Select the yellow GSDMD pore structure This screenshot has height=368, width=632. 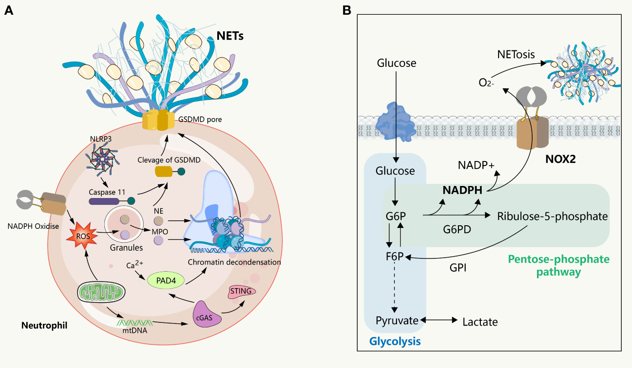[158, 120]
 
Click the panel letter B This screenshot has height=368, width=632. [346, 10]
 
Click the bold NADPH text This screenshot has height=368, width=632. [463, 190]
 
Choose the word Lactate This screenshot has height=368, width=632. [480, 321]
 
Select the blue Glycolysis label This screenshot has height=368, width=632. [395, 342]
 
